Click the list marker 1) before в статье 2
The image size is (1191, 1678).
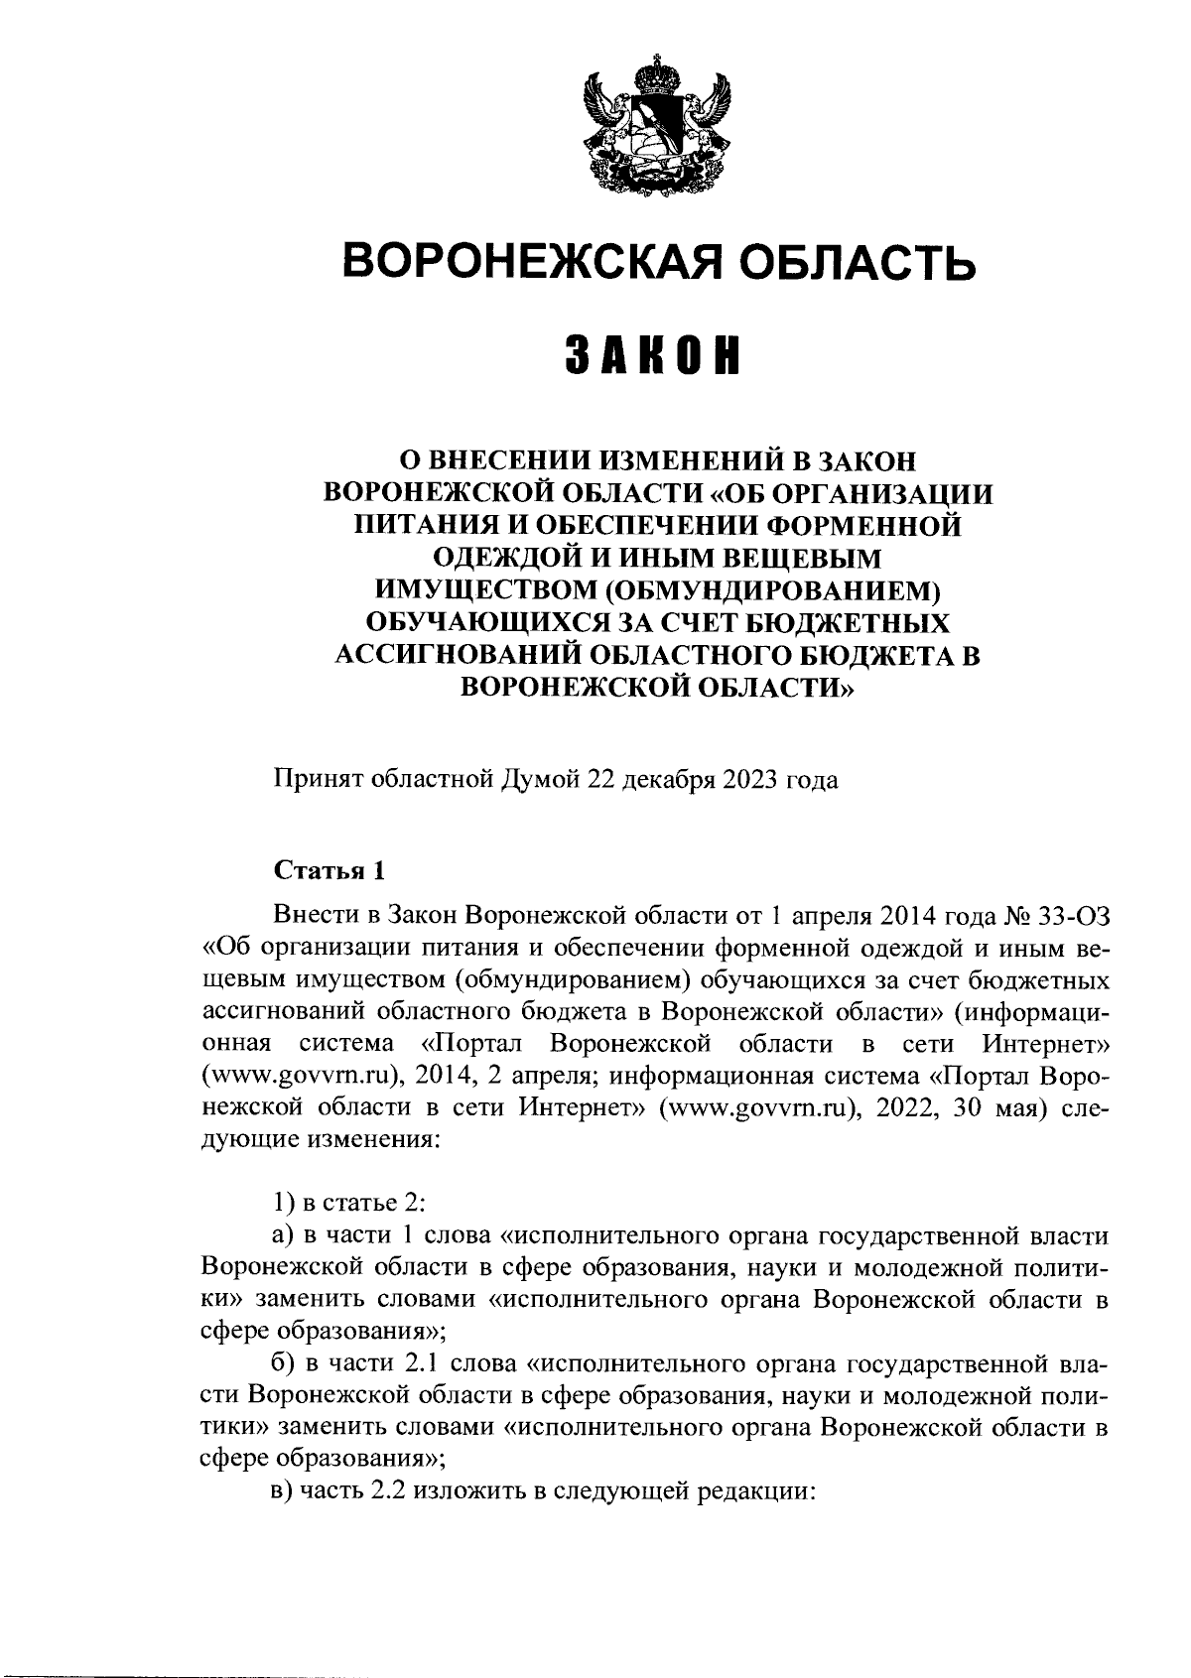pyautogui.click(x=284, y=1204)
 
